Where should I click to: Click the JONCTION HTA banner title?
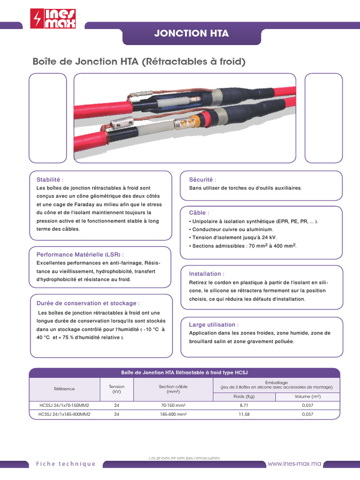pyautogui.click(x=192, y=33)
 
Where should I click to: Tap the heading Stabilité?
pyautogui.click(x=50, y=180)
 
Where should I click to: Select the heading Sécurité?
pyautogui.click(x=202, y=180)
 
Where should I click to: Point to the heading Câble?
pyautogui.click(x=199, y=213)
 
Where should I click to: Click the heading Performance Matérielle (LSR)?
pyautogui.click(x=80, y=254)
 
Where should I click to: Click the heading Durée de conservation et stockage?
pyautogui.click(x=89, y=303)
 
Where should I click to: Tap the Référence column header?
pyautogui.click(x=64, y=389)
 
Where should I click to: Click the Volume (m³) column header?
pyautogui.click(x=307, y=397)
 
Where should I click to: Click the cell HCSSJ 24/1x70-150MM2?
pyautogui.click(x=65, y=405)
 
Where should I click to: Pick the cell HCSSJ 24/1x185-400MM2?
pyautogui.click(x=65, y=414)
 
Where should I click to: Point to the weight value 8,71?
pyautogui.click(x=244, y=405)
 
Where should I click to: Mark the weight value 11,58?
pyautogui.click(x=244, y=414)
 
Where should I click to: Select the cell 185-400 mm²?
pyautogui.click(x=173, y=414)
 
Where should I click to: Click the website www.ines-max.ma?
pyautogui.click(x=294, y=464)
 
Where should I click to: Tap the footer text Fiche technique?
pyautogui.click(x=66, y=464)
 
